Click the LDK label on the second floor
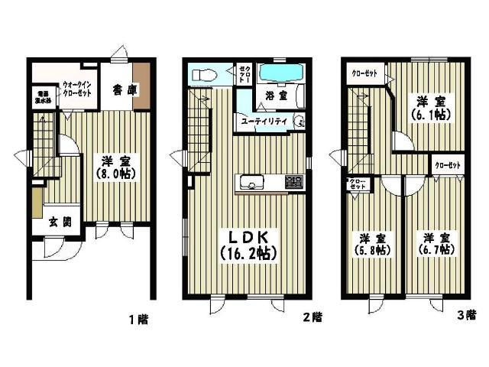245,233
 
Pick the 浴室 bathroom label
276,96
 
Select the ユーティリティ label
264,122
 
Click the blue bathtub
281,75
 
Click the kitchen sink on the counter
251,183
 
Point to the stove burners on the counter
293,183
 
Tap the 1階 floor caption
138,321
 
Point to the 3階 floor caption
466,314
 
